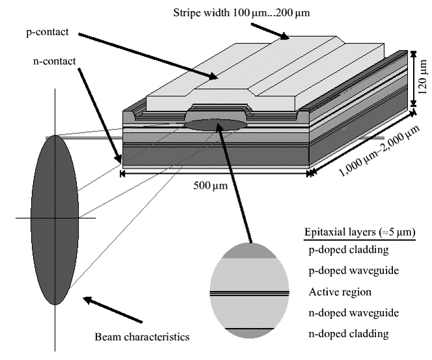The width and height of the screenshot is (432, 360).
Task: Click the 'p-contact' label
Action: pos(47,33)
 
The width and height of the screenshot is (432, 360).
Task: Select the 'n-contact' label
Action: pos(54,61)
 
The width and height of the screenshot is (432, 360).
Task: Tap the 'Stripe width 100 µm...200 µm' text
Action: pos(241,12)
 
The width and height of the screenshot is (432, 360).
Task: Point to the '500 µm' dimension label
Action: pos(211,186)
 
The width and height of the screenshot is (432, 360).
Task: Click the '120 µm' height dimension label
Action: pos(422,77)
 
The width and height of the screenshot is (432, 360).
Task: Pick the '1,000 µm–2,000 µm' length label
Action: pos(379,151)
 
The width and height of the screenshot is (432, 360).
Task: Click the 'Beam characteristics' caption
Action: pos(142,337)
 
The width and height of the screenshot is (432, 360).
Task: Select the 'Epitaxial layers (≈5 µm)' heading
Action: pos(360,232)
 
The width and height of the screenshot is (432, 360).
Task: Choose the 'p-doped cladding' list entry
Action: pos(349,250)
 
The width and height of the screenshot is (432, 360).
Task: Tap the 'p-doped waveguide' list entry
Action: pos(354,271)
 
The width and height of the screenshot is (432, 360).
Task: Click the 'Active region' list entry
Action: pos(340,292)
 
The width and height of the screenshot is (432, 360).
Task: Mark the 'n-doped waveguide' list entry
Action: pos(354,313)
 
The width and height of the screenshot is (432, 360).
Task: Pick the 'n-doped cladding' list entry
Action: pos(349,334)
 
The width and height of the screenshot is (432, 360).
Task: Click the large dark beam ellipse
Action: pos(55,219)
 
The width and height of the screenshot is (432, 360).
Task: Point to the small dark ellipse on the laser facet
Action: pos(215,125)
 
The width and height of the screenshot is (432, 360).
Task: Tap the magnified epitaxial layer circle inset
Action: pos(249,290)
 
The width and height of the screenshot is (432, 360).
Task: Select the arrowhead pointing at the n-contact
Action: pos(119,158)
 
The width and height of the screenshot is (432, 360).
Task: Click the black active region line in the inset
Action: pos(249,294)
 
